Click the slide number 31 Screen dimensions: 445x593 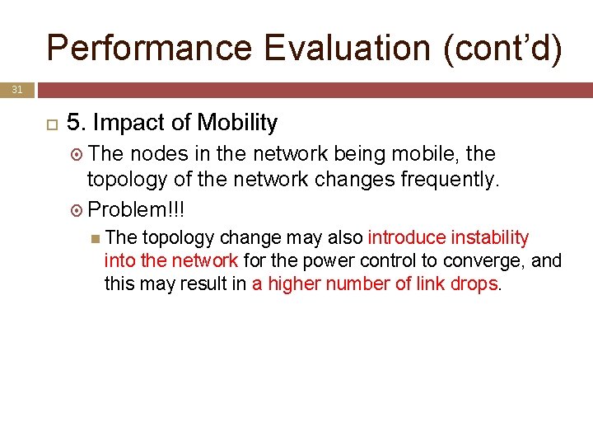tap(17, 90)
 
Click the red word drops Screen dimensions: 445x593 tap(479, 283)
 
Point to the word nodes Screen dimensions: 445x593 tap(156, 153)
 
